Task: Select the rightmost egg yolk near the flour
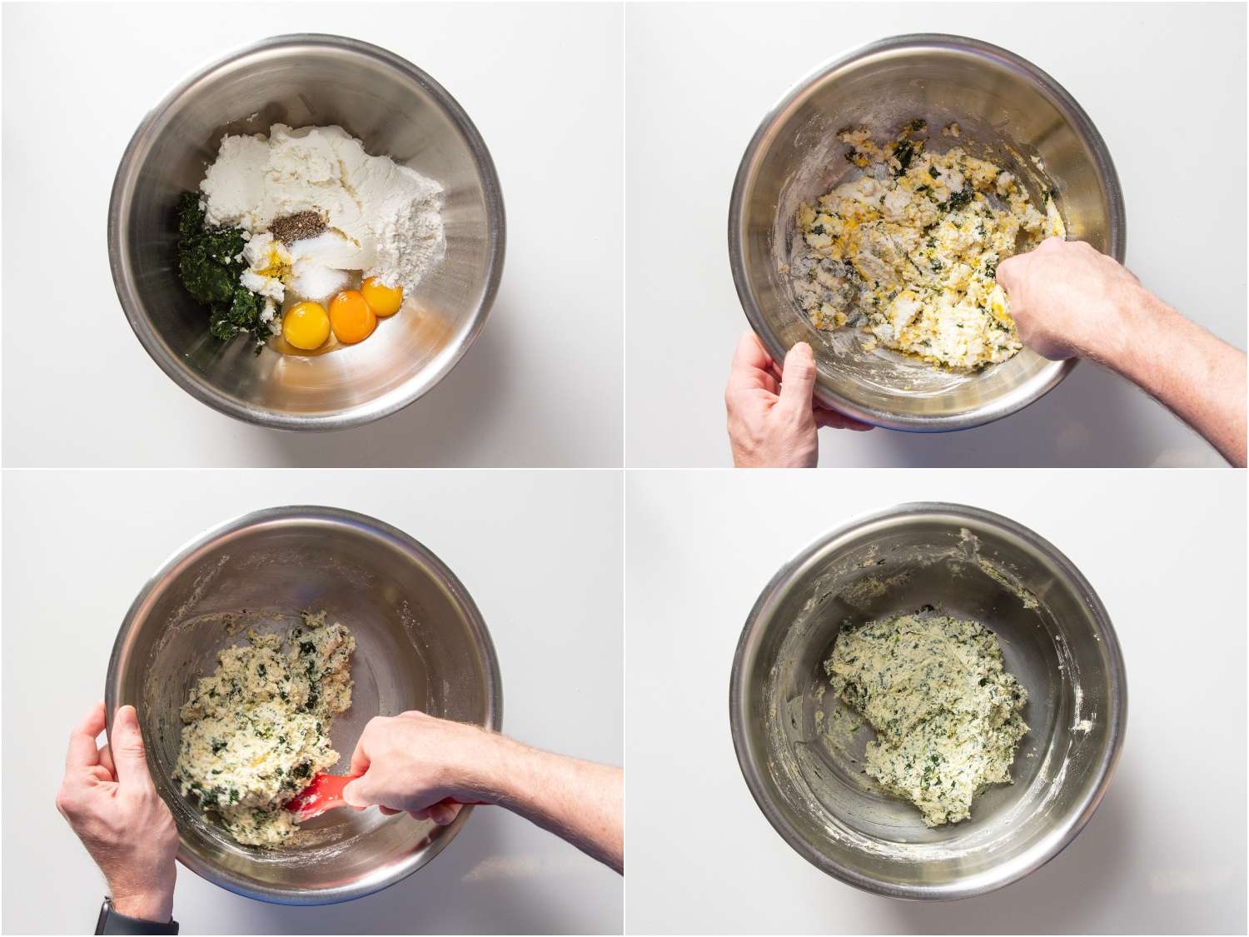(382, 296)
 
